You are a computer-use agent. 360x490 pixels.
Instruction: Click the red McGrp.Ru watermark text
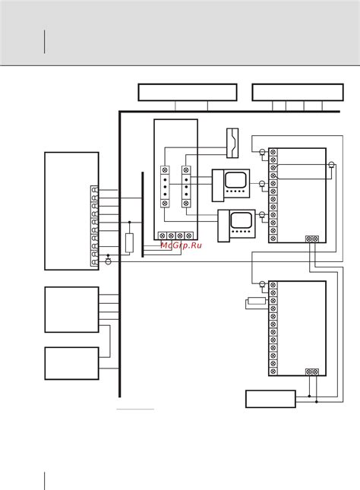[182, 245]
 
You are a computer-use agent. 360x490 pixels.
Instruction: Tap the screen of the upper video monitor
[235, 179]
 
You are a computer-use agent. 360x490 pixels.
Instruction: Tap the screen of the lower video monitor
[242, 220]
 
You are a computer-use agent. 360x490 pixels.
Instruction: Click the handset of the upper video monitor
[218, 185]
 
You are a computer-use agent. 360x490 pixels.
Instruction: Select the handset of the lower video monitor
[224, 226]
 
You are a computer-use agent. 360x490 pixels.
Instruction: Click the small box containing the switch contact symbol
[232, 143]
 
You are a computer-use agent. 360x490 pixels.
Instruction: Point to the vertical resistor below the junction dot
[129, 243]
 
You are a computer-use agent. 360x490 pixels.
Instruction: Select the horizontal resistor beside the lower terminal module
[257, 302]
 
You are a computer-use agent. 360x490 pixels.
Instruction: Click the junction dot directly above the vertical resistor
[129, 222]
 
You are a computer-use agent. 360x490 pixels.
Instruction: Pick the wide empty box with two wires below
[188, 92]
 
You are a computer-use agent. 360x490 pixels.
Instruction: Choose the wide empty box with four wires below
[298, 92]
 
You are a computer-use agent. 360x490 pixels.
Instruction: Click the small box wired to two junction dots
[270, 399]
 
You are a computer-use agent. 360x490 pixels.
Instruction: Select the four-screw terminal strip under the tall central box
[175, 236]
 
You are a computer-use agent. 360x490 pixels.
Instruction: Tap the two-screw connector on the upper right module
[312, 239]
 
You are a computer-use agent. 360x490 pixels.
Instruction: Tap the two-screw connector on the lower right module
[312, 371]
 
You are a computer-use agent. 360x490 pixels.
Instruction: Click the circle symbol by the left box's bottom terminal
[108, 261]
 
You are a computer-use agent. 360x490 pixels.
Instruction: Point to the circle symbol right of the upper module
[331, 165]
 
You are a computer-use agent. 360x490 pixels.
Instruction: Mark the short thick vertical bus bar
[143, 214]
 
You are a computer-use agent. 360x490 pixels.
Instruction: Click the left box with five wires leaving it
[72, 310]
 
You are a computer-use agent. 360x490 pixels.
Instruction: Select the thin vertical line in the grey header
[44, 42]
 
